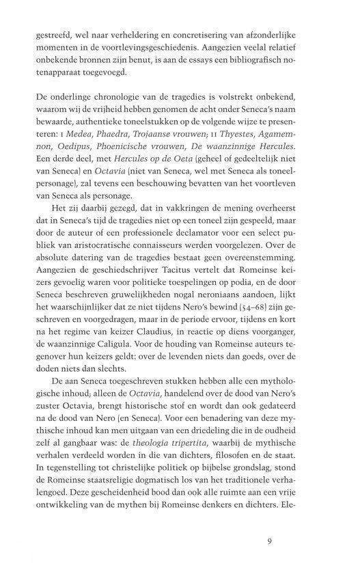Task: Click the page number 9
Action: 271,543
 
